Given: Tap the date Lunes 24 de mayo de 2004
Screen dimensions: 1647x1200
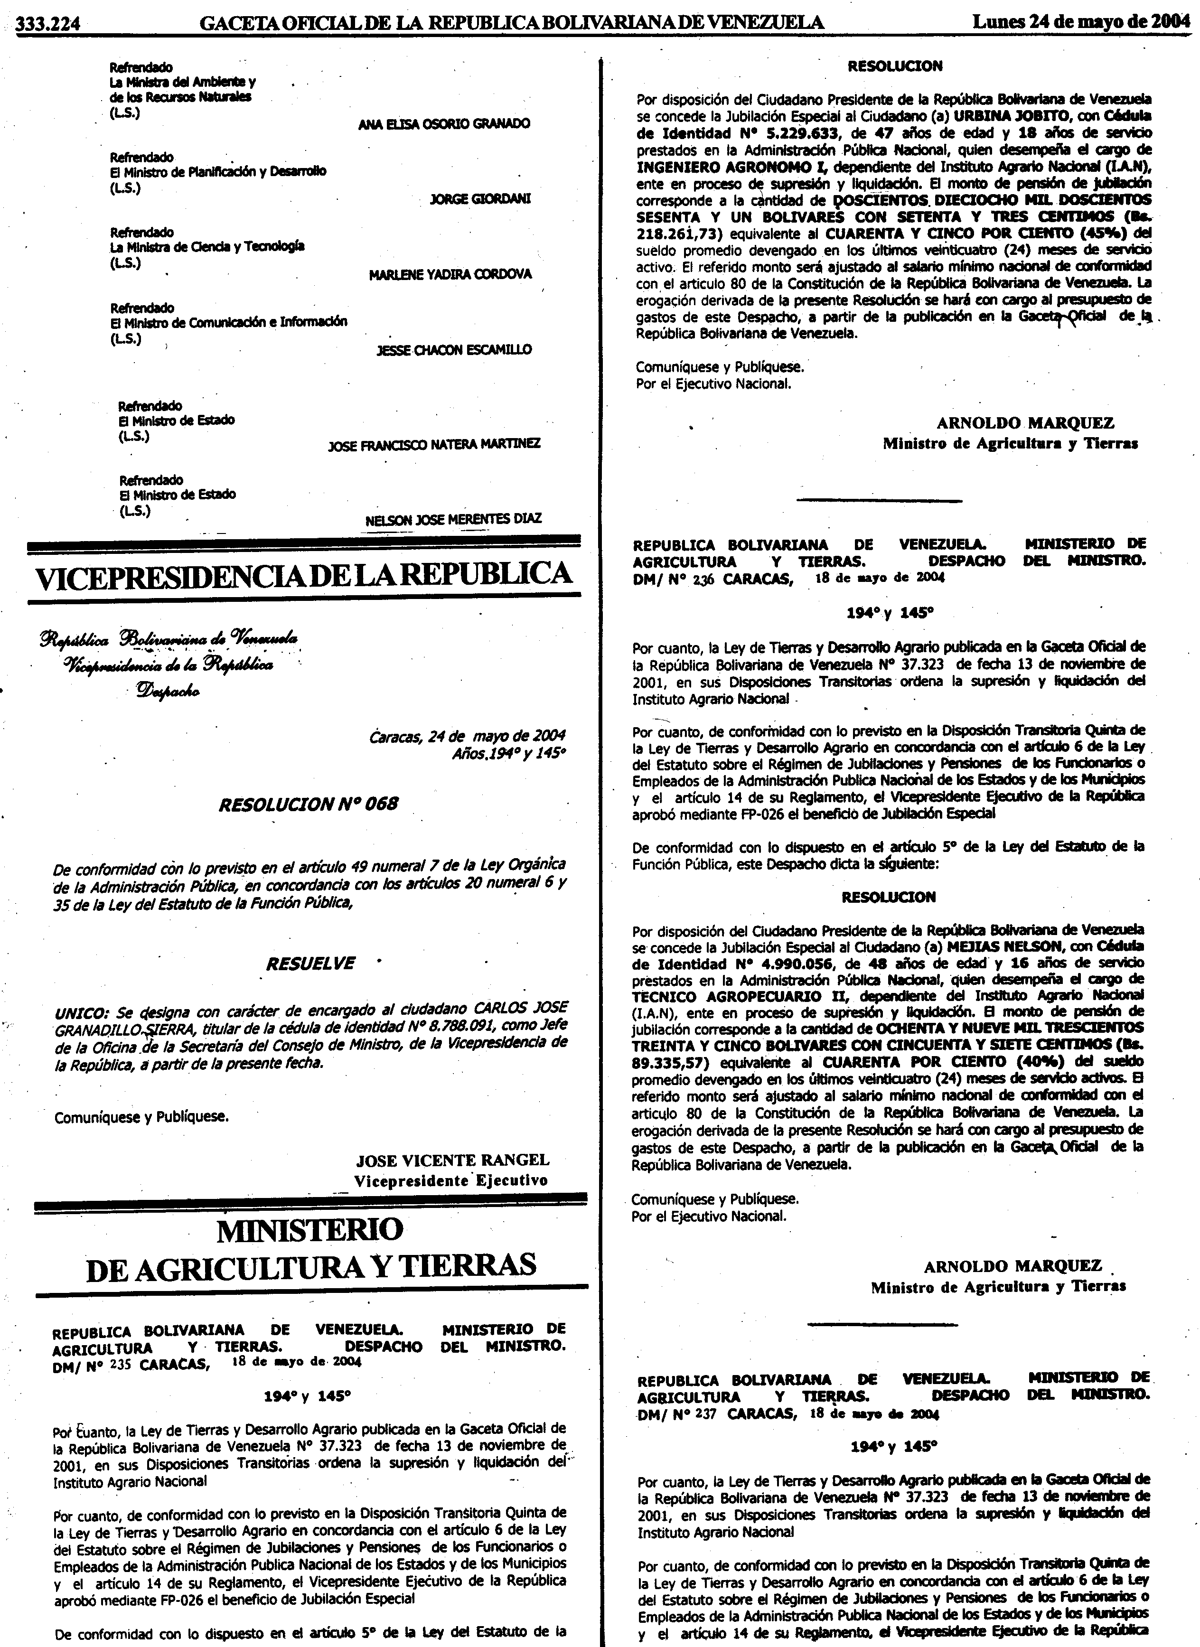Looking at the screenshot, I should coord(1081,22).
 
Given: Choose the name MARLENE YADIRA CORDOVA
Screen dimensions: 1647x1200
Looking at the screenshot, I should coord(450,274).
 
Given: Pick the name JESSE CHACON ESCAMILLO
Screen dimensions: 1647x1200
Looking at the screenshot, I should coord(453,350).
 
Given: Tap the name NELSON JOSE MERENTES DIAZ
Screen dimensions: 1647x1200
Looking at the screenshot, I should coord(453,519).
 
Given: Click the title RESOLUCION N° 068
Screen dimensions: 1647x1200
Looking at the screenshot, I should coord(308,804).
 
